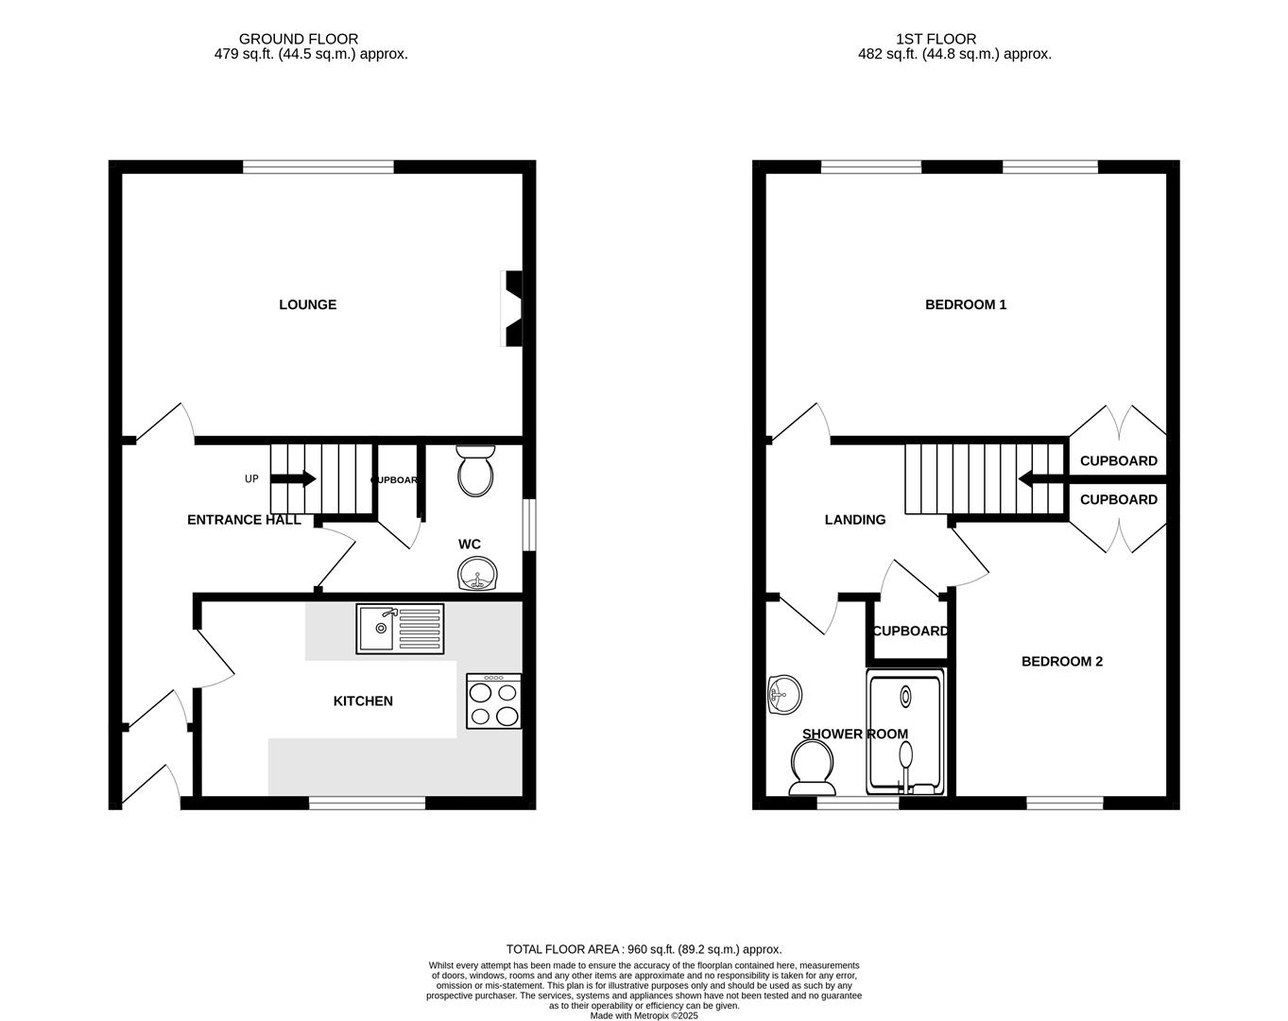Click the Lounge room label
(307, 304)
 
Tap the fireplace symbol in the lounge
(512, 309)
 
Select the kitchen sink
(400, 629)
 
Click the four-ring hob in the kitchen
(493, 701)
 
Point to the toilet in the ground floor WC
(474, 472)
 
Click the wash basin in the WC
(477, 574)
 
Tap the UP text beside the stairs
(251, 479)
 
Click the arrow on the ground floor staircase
(295, 478)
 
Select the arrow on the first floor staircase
(1039, 478)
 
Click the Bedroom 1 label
(965, 304)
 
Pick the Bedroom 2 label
(1061, 662)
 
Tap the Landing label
(855, 520)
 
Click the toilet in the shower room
(812, 768)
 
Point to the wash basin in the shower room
(784, 695)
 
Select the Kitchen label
(363, 701)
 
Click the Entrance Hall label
(244, 520)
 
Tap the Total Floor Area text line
(644, 949)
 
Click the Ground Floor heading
(298, 39)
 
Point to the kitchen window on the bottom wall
(367, 804)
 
